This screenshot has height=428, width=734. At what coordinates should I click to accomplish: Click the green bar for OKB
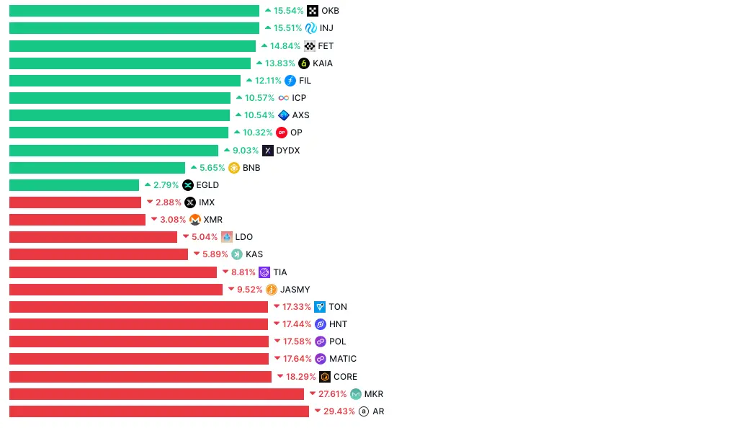click(134, 11)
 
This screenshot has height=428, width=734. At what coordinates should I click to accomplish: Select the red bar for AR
click(158, 411)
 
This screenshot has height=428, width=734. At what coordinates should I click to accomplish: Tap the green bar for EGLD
click(73, 185)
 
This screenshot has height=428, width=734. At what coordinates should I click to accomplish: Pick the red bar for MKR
click(156, 394)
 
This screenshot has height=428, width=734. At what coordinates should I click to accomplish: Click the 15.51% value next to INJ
click(288, 28)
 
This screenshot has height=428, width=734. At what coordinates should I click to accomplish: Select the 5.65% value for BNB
click(212, 168)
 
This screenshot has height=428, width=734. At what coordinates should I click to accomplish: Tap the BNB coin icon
click(234, 168)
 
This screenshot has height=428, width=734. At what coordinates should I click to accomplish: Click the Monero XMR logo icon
click(194, 220)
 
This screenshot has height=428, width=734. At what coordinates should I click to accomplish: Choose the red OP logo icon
click(282, 133)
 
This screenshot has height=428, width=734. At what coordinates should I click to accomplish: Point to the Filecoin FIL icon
click(290, 81)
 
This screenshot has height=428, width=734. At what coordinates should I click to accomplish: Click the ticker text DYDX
click(288, 151)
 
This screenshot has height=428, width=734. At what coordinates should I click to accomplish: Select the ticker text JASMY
click(295, 290)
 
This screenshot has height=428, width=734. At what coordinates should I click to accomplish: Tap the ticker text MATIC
click(343, 359)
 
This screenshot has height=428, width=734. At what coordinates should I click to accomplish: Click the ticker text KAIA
click(323, 63)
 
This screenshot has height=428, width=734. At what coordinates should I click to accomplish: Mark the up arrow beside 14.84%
click(264, 45)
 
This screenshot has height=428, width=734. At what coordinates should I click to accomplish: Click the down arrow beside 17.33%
click(277, 307)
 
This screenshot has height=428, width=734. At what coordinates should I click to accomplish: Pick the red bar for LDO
click(93, 237)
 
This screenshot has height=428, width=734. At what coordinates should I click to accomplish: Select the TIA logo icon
click(264, 272)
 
